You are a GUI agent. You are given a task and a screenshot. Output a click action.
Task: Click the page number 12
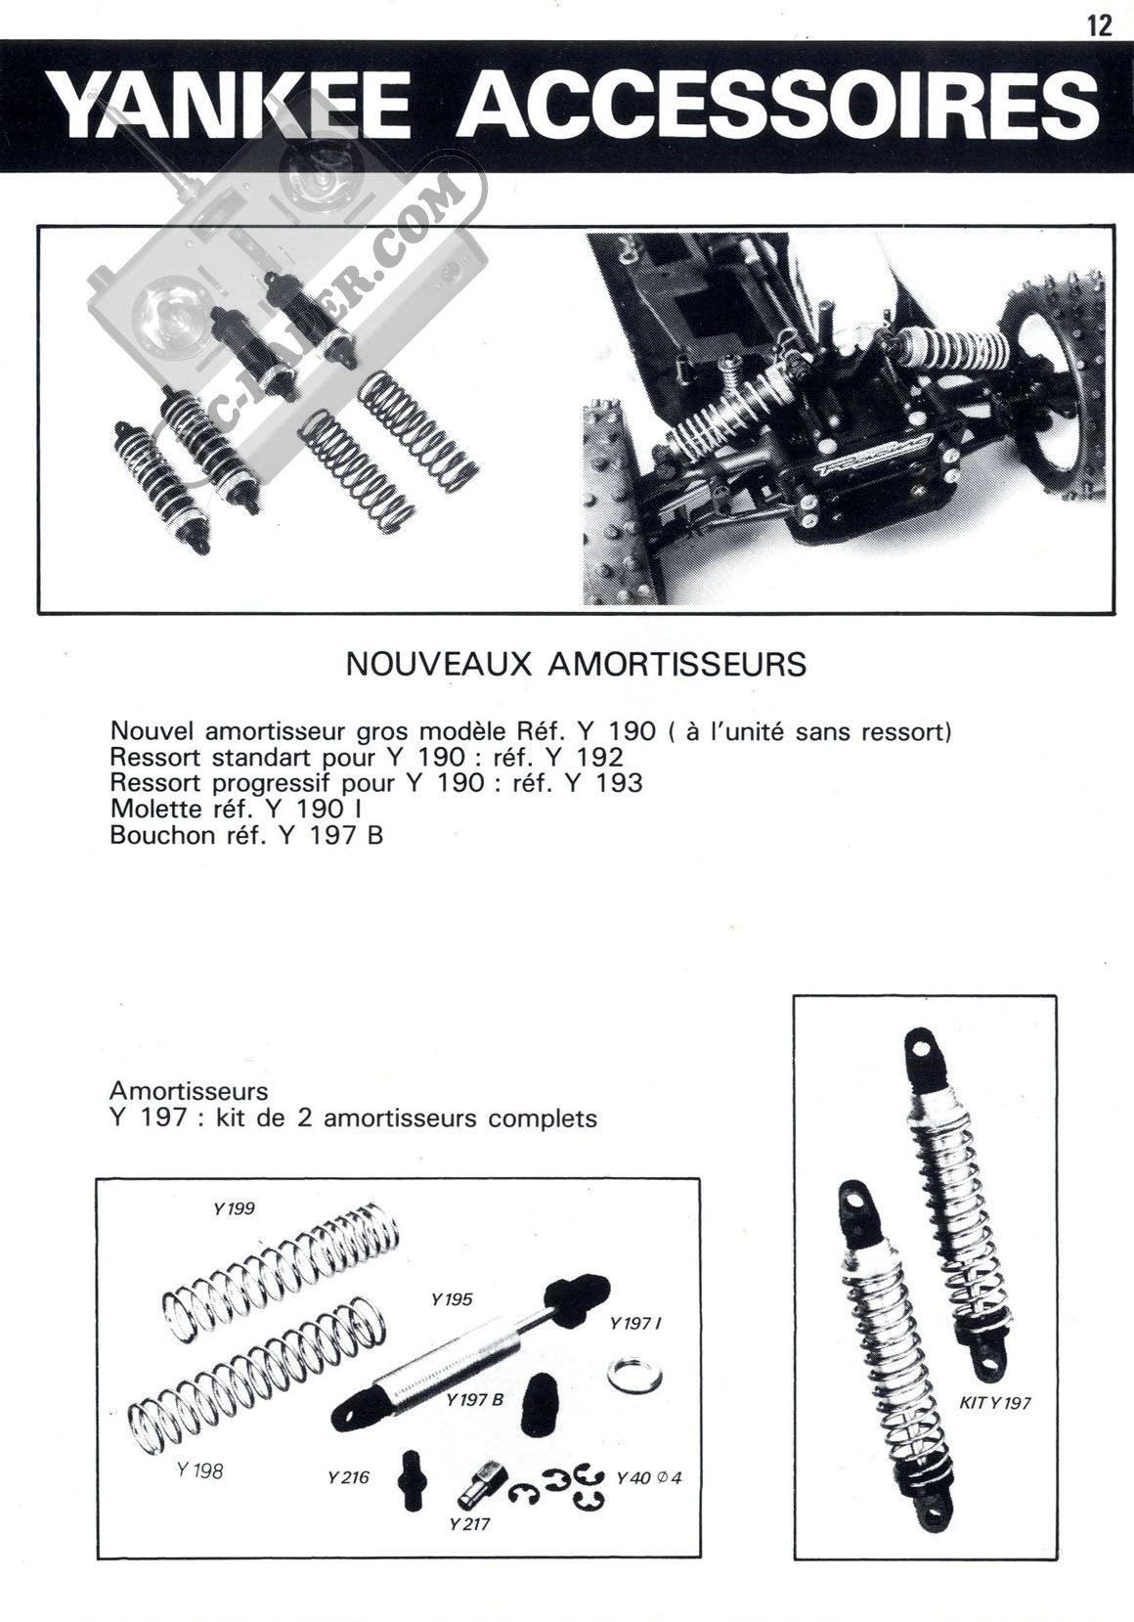coord(1099,24)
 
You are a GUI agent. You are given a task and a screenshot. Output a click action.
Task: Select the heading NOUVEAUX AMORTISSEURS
coord(577,664)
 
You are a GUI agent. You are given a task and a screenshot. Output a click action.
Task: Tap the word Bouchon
coord(156,835)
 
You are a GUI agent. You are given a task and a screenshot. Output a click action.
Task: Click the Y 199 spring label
coord(234,1208)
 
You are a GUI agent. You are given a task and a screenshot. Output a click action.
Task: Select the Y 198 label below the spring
coord(200,1469)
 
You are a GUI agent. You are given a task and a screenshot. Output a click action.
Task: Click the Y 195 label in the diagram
coord(451,1299)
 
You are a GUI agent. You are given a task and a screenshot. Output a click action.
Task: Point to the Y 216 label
coord(349,1476)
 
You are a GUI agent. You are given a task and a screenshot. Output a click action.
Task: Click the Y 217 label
coord(469,1523)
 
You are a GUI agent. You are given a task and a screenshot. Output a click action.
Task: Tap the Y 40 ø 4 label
coord(649,1476)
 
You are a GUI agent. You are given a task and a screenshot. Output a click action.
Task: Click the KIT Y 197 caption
coord(995,1403)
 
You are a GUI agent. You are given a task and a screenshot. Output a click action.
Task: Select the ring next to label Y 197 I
coord(633,1376)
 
